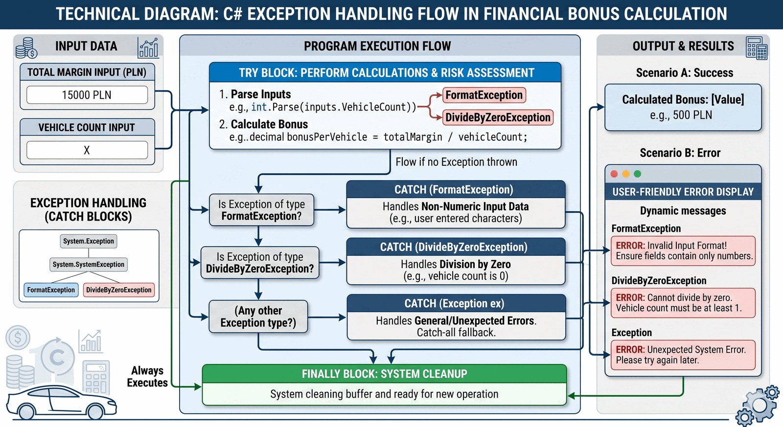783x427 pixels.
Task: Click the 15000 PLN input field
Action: (87, 95)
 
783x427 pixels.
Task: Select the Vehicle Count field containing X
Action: (87, 150)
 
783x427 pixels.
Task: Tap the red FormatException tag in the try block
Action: (484, 95)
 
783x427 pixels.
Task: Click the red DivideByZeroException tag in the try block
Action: (498, 117)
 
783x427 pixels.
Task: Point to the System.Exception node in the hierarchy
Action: (89, 241)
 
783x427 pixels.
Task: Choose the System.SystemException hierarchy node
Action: (89, 265)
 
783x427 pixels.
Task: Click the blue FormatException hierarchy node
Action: (51, 290)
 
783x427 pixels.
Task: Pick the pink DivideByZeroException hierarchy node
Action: (119, 290)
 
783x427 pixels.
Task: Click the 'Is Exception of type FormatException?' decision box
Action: (261, 210)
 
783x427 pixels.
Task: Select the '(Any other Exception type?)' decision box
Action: (258, 316)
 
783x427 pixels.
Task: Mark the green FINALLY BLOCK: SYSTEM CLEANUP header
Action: (385, 374)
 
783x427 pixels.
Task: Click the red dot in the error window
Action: (614, 174)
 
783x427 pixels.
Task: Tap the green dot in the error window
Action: (638, 174)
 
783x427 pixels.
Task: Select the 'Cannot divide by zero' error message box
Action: (683, 303)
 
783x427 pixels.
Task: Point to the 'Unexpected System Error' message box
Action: (683, 355)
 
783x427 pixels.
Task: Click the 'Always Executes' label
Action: (147, 377)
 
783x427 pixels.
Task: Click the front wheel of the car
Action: (95, 411)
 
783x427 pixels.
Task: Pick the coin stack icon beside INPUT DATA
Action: (26, 48)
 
